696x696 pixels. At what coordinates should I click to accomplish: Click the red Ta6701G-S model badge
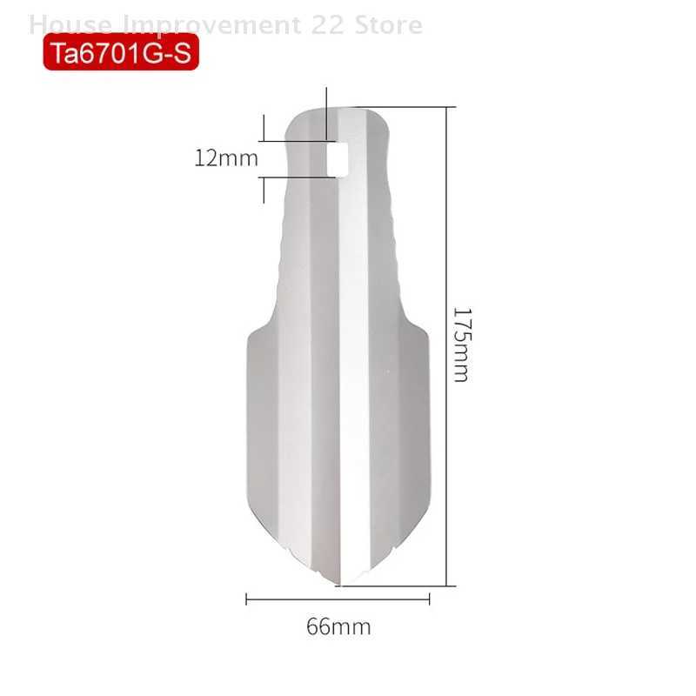[121, 53]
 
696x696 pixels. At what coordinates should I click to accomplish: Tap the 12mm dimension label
[226, 158]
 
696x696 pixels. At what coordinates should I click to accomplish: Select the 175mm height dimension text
[460, 344]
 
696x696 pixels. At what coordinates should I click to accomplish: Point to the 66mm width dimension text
[338, 626]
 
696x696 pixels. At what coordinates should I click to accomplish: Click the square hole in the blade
[336, 157]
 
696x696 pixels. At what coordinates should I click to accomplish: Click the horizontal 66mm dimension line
[338, 599]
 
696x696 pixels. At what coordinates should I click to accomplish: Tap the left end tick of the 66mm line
[247, 599]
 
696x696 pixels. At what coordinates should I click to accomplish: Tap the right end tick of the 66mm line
[430, 599]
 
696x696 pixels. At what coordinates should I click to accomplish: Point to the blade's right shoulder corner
[428, 335]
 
